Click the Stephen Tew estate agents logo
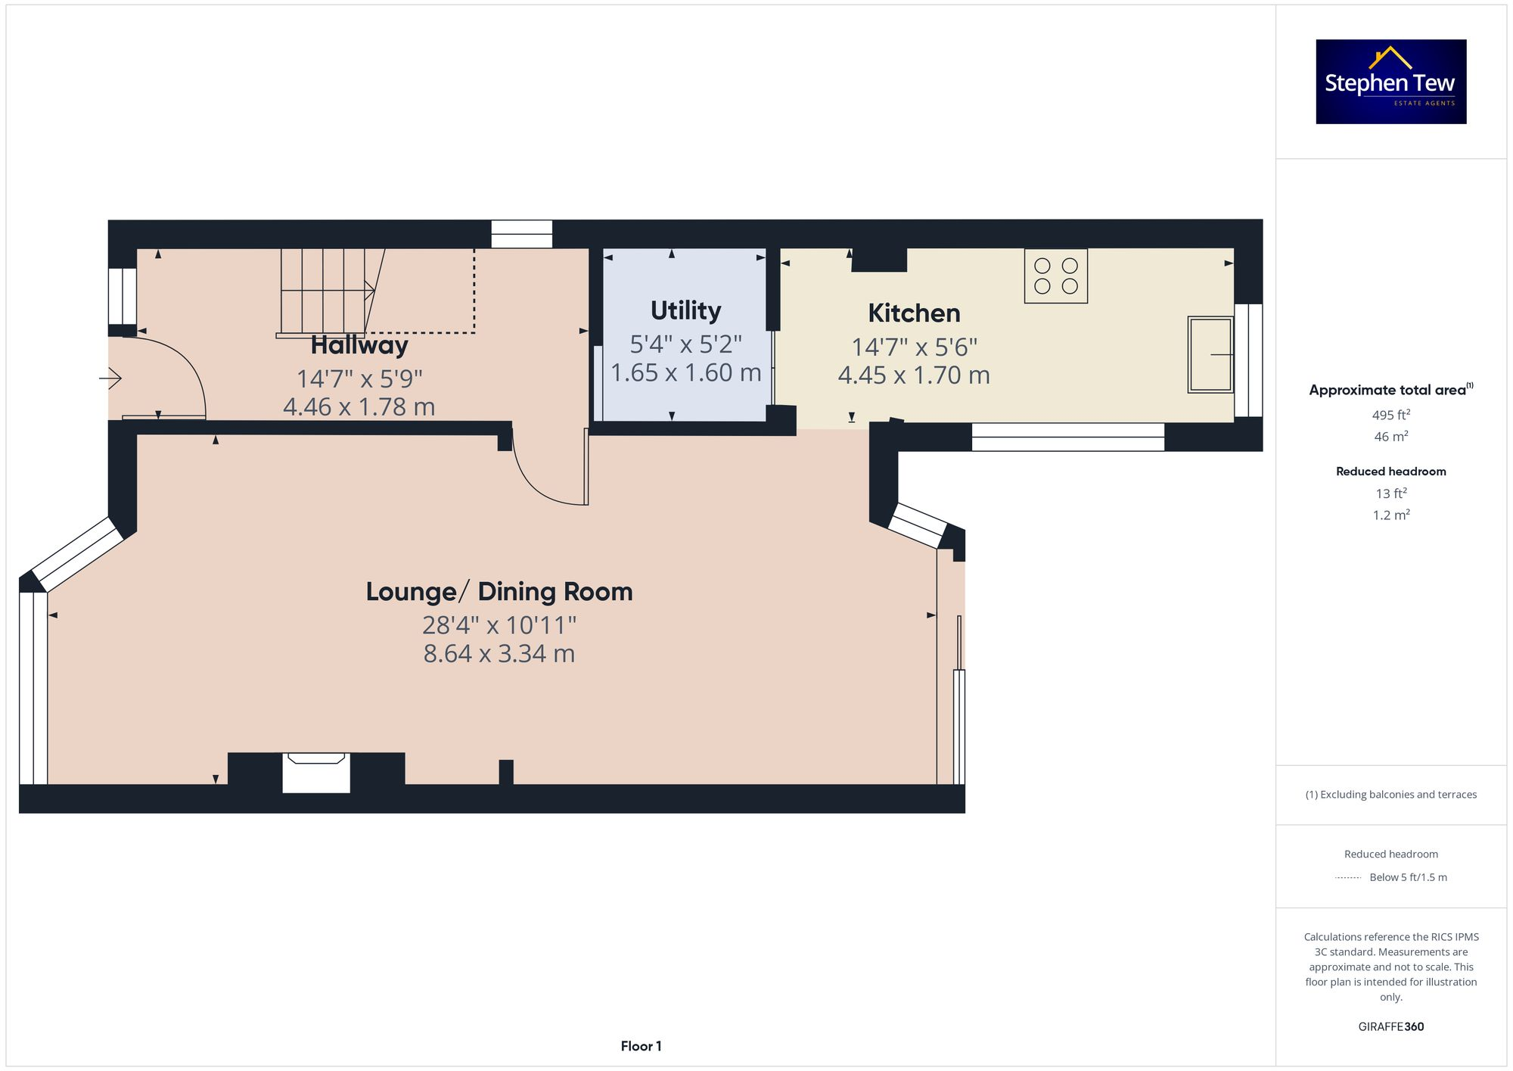(1390, 82)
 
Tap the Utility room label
(685, 311)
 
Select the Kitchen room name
(914, 313)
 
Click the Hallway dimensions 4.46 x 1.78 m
(359, 407)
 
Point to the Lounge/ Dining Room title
(499, 592)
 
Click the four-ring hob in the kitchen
(1055, 276)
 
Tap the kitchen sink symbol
(1210, 354)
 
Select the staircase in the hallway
(325, 291)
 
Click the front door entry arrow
(110, 378)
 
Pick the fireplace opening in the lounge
(316, 774)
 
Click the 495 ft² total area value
(1390, 415)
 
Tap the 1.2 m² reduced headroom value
(1390, 515)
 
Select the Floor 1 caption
(641, 1046)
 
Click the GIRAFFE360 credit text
(1390, 1027)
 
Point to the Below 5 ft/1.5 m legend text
(1407, 877)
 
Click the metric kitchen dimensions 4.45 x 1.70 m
(914, 375)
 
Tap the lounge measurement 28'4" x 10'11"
(499, 625)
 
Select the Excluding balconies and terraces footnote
(1390, 795)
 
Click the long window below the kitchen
(1067, 437)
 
